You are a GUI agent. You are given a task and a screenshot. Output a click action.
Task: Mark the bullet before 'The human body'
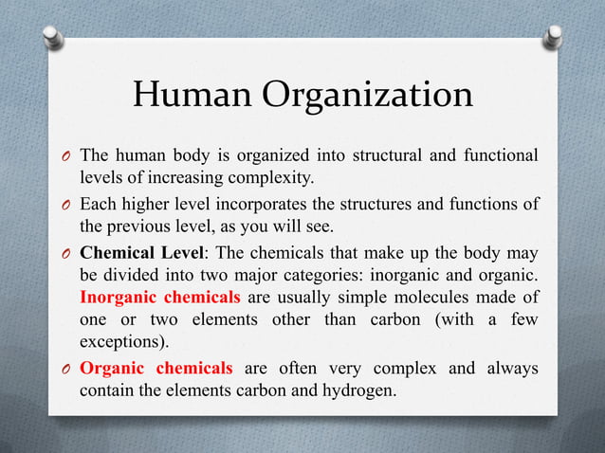66,155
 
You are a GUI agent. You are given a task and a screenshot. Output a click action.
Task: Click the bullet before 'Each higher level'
66,204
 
